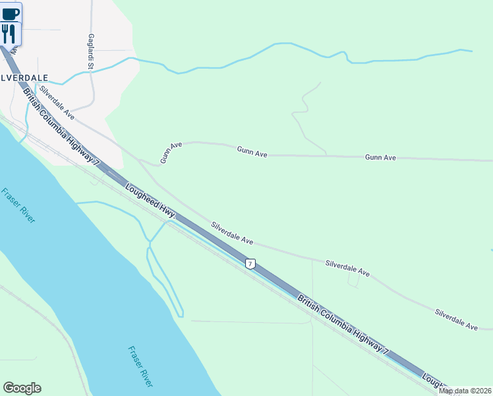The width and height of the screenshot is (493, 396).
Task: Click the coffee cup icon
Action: (11, 13)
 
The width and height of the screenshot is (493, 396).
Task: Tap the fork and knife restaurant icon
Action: (9, 34)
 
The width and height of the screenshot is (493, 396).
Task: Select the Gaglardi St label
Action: (91, 51)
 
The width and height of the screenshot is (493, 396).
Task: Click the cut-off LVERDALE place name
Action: (24, 77)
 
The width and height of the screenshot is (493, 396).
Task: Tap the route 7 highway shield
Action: (250, 264)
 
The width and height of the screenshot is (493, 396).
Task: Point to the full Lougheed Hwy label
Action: (150, 201)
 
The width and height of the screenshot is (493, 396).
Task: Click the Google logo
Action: (22, 388)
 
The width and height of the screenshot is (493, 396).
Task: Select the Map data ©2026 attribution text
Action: (465, 391)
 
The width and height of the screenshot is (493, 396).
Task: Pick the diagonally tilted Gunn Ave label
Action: (171, 152)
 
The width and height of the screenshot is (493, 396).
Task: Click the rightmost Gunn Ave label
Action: (380, 158)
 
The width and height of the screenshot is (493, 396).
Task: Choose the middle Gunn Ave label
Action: (252, 152)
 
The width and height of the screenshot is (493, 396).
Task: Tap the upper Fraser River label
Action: (18, 206)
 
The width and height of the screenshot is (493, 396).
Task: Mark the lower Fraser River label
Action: (140, 366)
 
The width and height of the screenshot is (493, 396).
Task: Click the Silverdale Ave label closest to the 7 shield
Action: (232, 232)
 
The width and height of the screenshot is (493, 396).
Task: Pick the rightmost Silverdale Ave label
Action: (456, 319)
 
